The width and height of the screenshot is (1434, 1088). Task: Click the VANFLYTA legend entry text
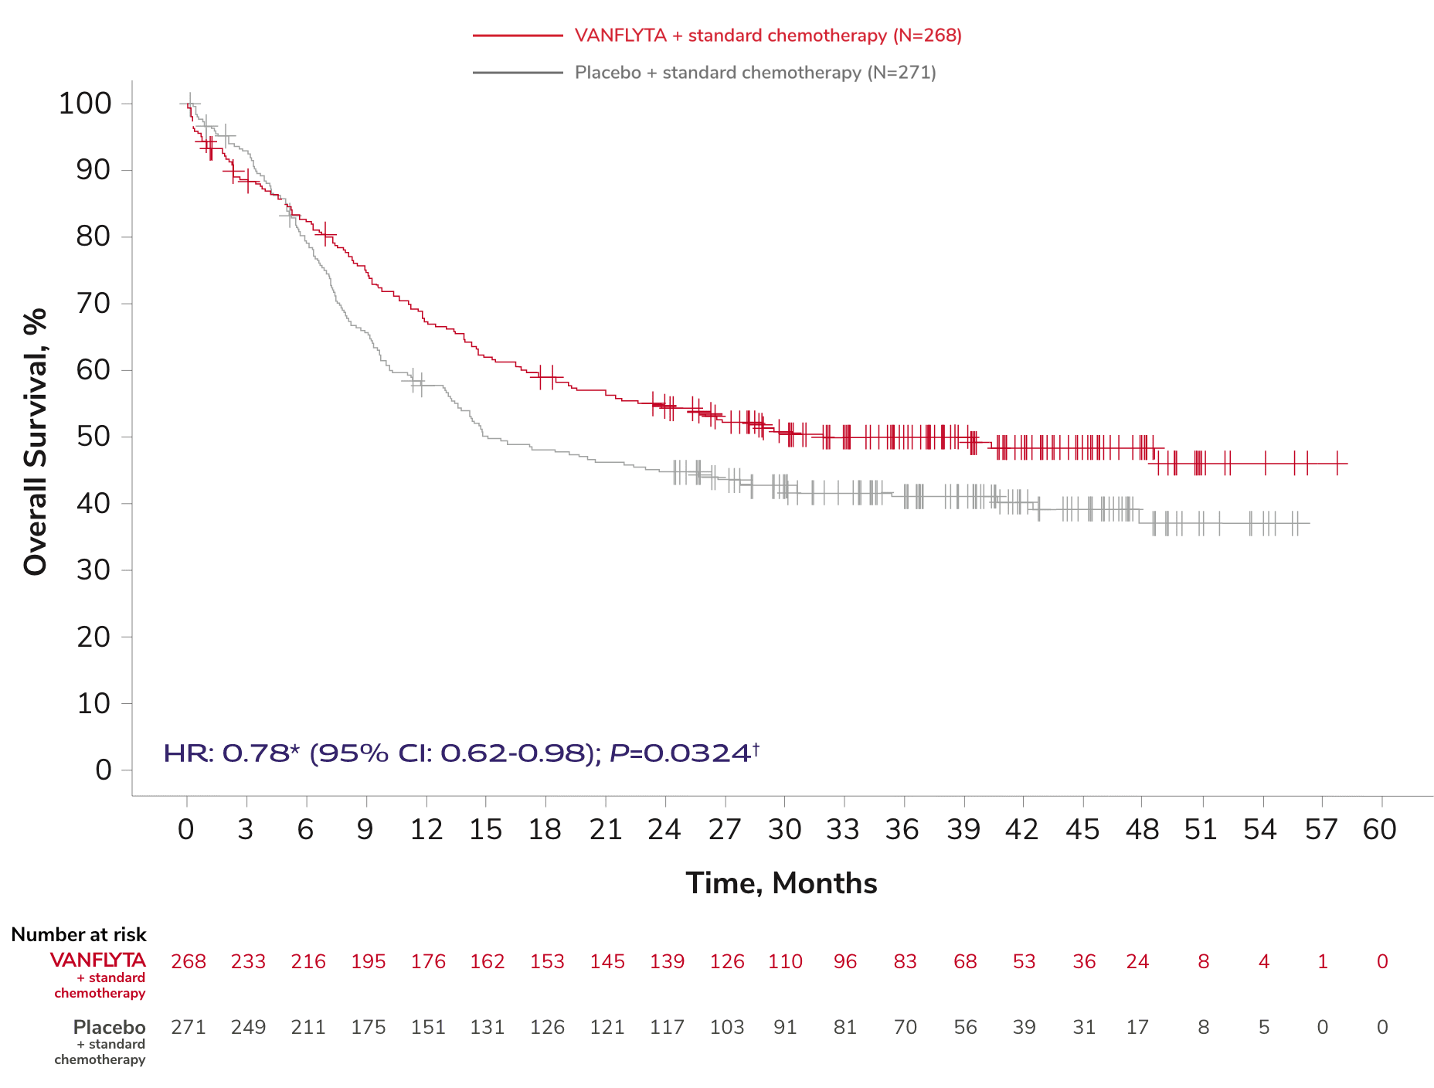(x=768, y=36)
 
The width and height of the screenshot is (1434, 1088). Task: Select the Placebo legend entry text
(x=755, y=73)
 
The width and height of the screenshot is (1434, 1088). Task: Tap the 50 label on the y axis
(x=93, y=437)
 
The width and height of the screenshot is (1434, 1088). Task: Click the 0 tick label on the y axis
(x=103, y=770)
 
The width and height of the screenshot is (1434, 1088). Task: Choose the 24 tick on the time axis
(x=664, y=830)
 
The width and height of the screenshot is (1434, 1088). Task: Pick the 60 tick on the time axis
(x=1380, y=830)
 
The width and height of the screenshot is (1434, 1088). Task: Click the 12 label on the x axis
(x=426, y=830)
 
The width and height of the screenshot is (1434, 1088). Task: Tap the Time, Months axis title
(x=781, y=883)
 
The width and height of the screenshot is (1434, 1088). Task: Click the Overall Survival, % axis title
(x=36, y=442)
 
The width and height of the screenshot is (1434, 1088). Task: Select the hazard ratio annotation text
(x=462, y=753)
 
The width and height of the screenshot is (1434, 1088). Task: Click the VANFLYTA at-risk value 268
(x=189, y=961)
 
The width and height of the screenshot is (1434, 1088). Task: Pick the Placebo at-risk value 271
(x=189, y=1027)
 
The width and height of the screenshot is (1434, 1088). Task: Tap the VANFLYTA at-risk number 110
(x=785, y=961)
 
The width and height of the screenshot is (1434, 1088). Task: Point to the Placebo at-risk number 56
(x=965, y=1027)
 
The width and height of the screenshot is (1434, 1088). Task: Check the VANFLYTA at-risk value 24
(x=1137, y=961)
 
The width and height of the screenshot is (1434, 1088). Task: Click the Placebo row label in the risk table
(x=109, y=1028)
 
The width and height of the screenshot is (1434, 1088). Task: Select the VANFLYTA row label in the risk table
(x=98, y=960)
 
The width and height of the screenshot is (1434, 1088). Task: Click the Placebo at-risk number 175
(x=368, y=1027)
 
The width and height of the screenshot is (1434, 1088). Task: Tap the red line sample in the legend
(x=518, y=36)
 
